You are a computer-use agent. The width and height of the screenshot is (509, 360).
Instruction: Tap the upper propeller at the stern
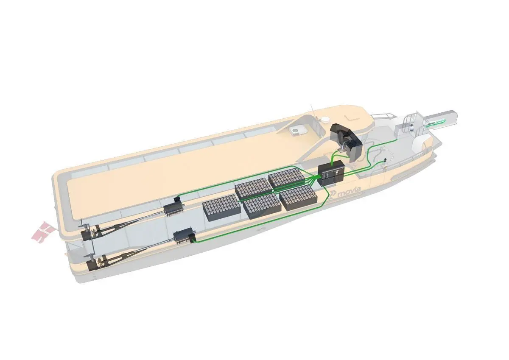tap(94, 232)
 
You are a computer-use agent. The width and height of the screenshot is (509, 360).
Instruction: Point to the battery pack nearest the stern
tap(221, 207)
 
